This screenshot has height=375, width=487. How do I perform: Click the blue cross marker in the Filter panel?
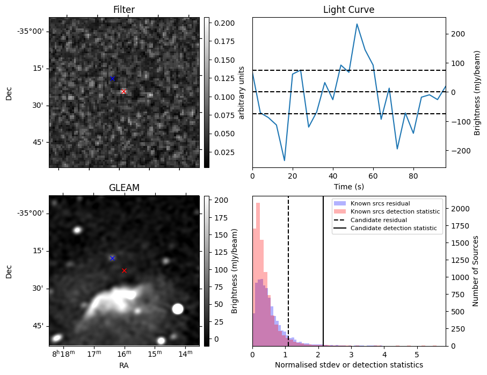tap(112, 79)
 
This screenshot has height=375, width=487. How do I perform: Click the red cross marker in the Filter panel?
tap(123, 92)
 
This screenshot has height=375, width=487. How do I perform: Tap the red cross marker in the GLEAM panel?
tap(124, 270)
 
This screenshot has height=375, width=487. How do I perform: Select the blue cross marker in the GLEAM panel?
tap(112, 258)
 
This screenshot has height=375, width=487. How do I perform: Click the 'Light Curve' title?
tap(348, 10)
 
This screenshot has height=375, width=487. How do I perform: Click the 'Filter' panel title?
tap(123, 10)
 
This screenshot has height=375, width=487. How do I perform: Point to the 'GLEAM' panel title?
tap(124, 188)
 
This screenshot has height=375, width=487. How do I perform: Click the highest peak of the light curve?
tap(357, 24)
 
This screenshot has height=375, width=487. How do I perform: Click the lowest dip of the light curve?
tap(285, 160)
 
